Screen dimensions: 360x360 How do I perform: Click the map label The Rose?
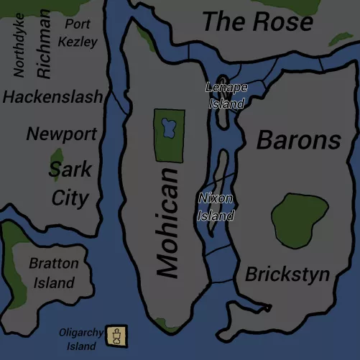click(x=257, y=22)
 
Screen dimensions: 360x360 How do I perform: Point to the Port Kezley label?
click(x=78, y=33)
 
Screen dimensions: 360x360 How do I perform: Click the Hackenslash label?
click(x=52, y=96)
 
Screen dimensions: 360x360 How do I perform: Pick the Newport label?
click(x=61, y=134)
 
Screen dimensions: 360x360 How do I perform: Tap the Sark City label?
click(x=70, y=184)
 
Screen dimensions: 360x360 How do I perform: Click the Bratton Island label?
click(x=53, y=273)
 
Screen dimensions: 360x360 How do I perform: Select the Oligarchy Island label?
click(x=81, y=339)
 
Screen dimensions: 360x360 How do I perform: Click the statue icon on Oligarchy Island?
click(x=116, y=334)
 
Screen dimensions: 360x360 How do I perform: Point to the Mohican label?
click(x=167, y=223)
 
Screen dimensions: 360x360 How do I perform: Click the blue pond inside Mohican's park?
click(x=169, y=129)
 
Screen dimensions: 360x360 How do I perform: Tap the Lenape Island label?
click(x=226, y=95)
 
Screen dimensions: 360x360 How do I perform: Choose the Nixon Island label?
click(x=216, y=206)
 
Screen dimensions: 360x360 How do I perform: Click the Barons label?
click(x=298, y=139)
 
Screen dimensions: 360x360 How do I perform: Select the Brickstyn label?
click(x=287, y=274)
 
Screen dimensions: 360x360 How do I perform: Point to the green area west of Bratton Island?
click(x=12, y=259)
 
